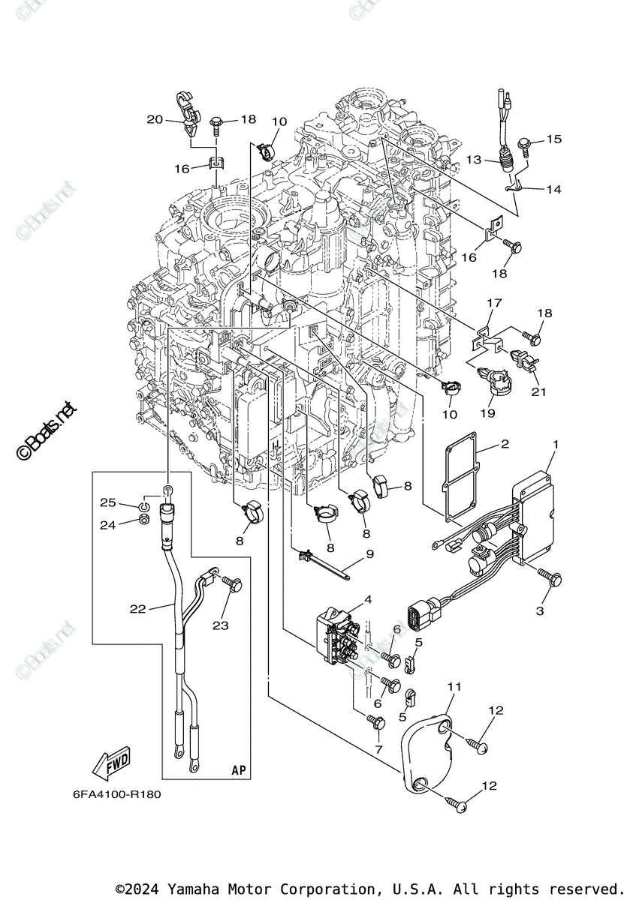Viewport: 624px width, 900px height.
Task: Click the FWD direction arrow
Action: tap(110, 763)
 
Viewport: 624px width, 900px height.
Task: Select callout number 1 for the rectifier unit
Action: tap(555, 445)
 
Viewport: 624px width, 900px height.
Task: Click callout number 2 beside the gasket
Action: tap(505, 444)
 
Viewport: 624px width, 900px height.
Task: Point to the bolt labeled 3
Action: tap(555, 577)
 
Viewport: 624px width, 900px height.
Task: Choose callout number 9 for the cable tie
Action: tap(369, 555)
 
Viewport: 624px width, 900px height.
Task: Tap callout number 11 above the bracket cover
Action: tap(454, 686)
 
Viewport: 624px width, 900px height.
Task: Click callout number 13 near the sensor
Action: tap(473, 160)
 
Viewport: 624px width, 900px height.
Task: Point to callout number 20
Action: tap(155, 119)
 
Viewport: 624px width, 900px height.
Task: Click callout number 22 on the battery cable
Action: tap(137, 609)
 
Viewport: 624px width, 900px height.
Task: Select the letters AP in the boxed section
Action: tap(239, 770)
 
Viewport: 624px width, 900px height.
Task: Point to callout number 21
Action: tap(538, 391)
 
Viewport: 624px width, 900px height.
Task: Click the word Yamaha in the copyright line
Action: tap(193, 889)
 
